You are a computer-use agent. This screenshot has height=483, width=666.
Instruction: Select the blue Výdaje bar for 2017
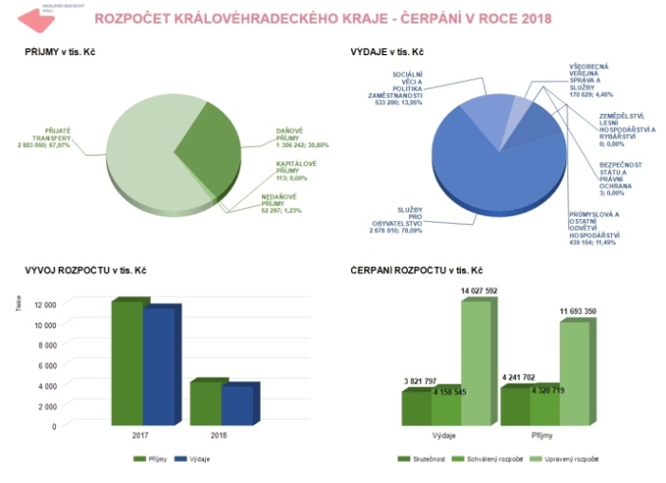pyautogui.click(x=160, y=364)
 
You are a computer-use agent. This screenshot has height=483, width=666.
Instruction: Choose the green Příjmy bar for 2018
pyautogui.click(x=207, y=402)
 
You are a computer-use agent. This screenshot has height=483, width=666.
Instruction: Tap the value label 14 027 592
pyautogui.click(x=478, y=290)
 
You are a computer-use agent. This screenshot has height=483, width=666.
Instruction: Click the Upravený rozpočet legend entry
pyautogui.click(x=575, y=459)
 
